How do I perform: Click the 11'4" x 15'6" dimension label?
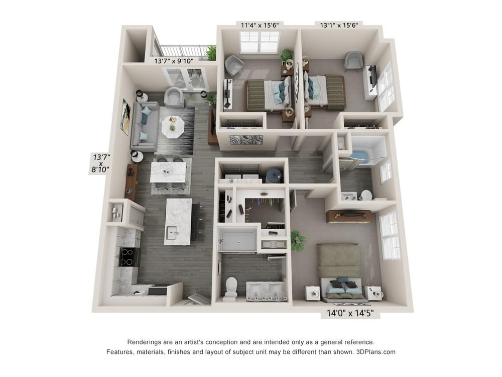(x=260, y=25)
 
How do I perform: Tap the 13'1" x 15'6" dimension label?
(x=339, y=25)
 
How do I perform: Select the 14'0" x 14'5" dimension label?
(x=350, y=313)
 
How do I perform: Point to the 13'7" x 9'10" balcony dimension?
(x=174, y=61)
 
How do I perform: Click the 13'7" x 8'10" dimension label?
(x=101, y=163)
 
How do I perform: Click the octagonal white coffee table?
(x=173, y=127)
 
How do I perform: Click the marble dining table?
(x=168, y=172)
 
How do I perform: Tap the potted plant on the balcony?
(x=211, y=53)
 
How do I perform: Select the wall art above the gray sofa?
(x=125, y=117)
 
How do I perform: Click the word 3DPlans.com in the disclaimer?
(x=376, y=352)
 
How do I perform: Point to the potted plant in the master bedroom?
(x=298, y=240)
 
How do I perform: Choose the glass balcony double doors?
(x=186, y=79)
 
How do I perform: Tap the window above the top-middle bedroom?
(x=260, y=42)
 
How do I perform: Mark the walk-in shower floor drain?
(x=238, y=242)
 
